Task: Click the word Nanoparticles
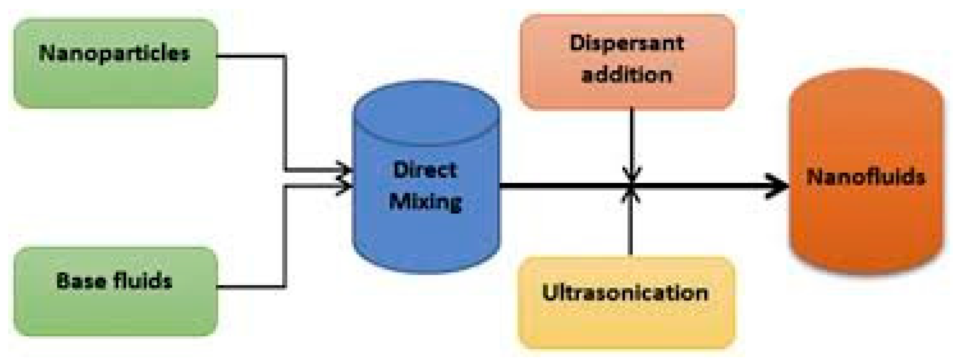(x=114, y=54)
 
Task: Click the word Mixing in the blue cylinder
(x=426, y=201)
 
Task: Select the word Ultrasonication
(x=625, y=293)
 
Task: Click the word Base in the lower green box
(x=74, y=281)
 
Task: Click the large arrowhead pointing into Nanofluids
(x=776, y=186)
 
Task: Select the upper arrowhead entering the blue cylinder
(x=344, y=169)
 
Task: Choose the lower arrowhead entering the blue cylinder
(x=344, y=187)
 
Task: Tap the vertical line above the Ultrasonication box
(x=631, y=229)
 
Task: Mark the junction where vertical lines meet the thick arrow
(x=631, y=186)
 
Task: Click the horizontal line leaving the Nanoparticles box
(x=250, y=56)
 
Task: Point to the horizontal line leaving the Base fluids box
(x=250, y=286)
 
